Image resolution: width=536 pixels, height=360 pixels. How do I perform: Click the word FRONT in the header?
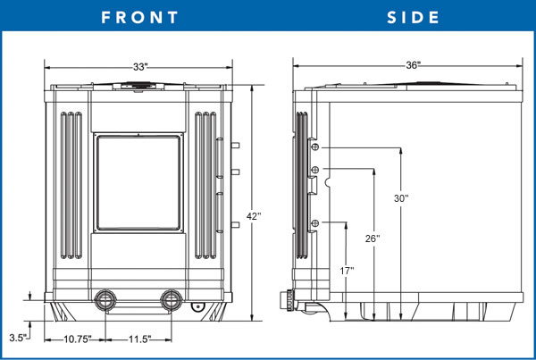[x=139, y=17]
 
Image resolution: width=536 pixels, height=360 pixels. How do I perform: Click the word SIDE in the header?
[x=414, y=17]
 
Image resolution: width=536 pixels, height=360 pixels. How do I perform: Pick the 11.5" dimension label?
[x=137, y=339]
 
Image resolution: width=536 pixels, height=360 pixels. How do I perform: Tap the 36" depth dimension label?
[x=413, y=65]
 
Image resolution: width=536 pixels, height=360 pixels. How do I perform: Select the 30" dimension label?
[x=401, y=198]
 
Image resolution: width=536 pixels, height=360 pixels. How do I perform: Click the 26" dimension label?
[x=373, y=239]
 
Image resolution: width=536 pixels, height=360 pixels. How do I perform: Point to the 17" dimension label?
[x=347, y=270]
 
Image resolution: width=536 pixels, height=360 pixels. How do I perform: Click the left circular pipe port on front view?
[x=105, y=299]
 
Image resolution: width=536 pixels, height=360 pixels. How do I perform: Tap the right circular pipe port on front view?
[x=170, y=299]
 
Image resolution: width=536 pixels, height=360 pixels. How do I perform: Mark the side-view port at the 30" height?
[x=315, y=148]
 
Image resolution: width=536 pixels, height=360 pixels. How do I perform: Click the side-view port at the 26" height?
[x=315, y=171]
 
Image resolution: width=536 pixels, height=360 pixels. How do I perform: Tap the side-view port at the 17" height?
[x=315, y=222]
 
